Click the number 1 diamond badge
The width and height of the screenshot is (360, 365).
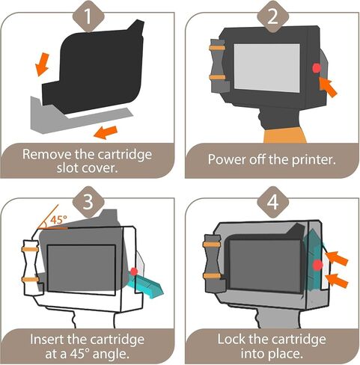(x=88, y=16)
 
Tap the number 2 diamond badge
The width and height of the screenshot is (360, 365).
(x=272, y=16)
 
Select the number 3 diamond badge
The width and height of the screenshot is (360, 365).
(x=88, y=202)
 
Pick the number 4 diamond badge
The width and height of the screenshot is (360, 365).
(x=272, y=202)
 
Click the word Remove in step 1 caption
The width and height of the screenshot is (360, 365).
(x=46, y=154)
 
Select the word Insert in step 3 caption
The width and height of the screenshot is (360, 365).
(x=46, y=340)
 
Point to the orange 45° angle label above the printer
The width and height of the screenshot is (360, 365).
(x=59, y=220)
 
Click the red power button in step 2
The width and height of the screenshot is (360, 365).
(x=317, y=68)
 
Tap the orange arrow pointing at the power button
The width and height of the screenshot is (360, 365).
(x=328, y=87)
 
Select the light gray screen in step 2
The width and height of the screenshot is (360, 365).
(x=267, y=68)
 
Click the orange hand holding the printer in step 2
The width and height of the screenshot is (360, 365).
(x=285, y=135)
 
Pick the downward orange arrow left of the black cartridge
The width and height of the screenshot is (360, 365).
(x=42, y=64)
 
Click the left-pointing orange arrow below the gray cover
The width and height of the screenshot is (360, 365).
(x=106, y=132)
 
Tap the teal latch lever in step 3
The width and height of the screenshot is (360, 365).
(x=145, y=284)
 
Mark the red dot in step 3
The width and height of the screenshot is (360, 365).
(x=134, y=272)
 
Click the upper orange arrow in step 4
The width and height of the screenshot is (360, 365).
(x=336, y=258)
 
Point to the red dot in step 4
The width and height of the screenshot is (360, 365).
(x=318, y=265)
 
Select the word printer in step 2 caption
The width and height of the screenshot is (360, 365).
(x=314, y=159)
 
